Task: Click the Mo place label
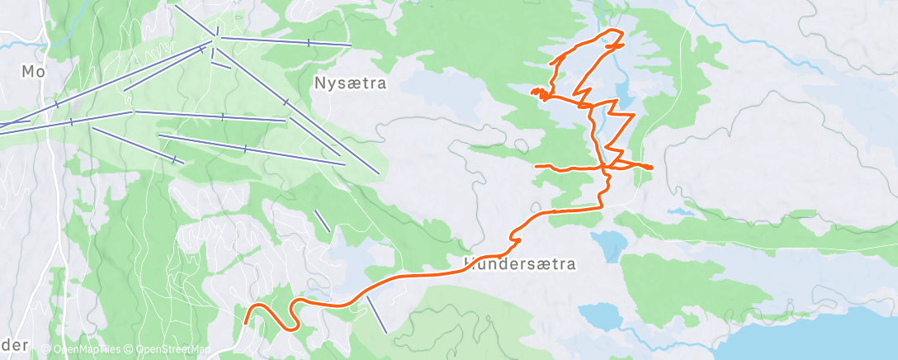(x=34, y=72)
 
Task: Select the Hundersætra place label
(x=519, y=264)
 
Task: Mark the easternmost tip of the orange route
(x=652, y=168)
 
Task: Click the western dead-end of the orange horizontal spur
(x=536, y=167)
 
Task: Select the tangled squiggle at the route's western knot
(x=539, y=92)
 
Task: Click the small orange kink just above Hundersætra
(x=515, y=238)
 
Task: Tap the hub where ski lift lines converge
(x=216, y=36)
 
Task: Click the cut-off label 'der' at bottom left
(x=14, y=344)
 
